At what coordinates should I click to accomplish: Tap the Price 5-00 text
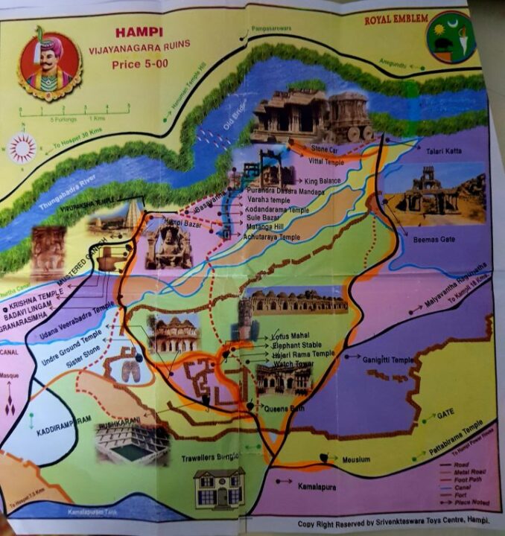137,65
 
